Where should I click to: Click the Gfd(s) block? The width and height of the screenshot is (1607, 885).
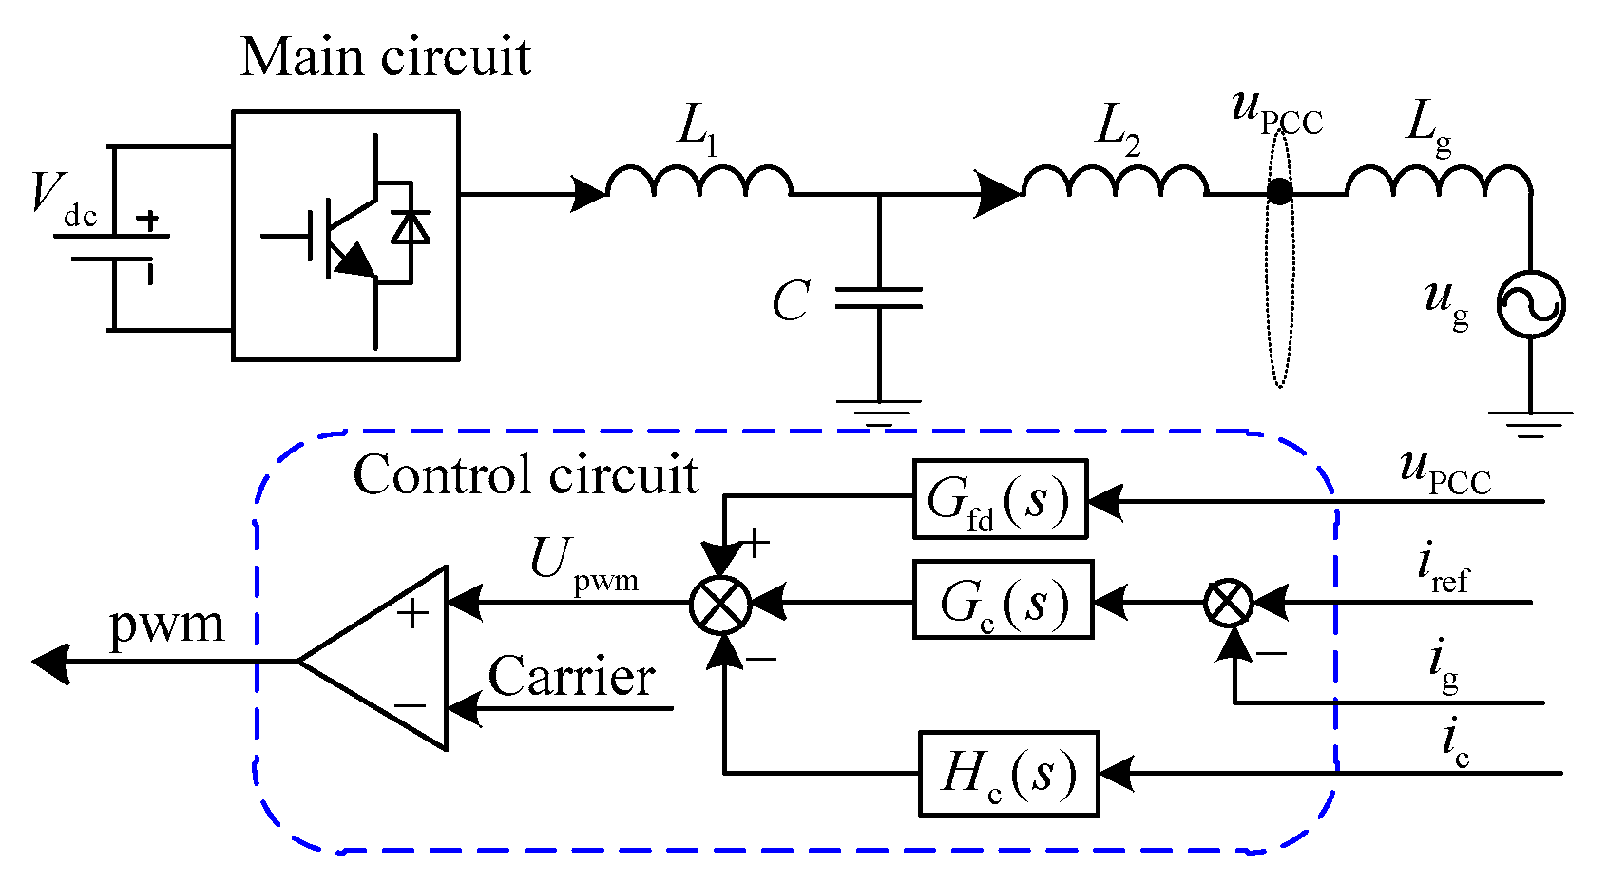(x=999, y=499)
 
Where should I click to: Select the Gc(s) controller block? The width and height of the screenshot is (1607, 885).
(x=1003, y=600)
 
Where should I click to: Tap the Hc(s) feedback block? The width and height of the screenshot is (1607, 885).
(x=1008, y=773)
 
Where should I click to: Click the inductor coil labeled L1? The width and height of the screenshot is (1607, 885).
(x=698, y=181)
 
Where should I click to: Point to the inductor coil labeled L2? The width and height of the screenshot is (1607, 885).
(x=1114, y=181)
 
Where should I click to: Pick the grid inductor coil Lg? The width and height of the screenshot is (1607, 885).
(x=1438, y=181)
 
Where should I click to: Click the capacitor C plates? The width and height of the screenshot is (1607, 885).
(x=879, y=298)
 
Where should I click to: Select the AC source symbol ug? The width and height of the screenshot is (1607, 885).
(x=1530, y=304)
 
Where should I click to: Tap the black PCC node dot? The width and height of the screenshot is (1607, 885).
(x=1280, y=192)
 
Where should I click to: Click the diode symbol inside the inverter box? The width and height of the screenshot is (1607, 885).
(x=411, y=228)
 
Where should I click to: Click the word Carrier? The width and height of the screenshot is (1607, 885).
(x=571, y=677)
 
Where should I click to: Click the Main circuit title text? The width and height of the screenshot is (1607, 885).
(x=385, y=57)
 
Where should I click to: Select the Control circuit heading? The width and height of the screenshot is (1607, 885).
(x=526, y=474)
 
